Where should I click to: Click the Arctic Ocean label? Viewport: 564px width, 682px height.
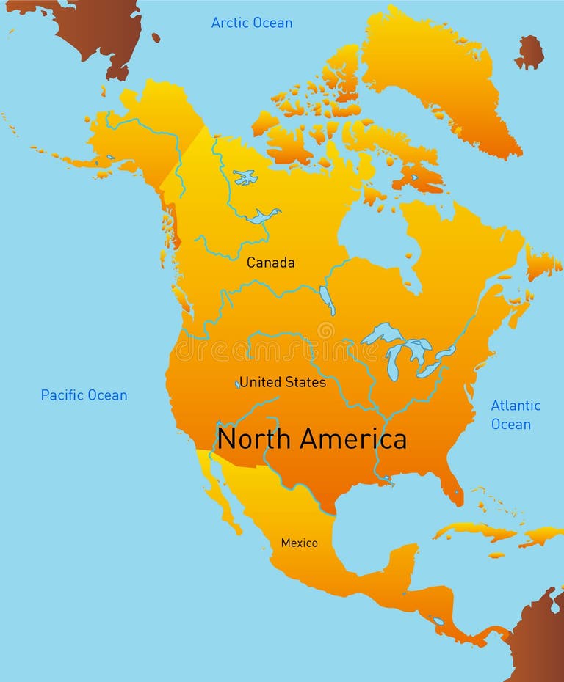tap(252, 23)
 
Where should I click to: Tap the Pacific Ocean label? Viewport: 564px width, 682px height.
tap(84, 395)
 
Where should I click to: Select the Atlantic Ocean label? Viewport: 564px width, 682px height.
tap(516, 414)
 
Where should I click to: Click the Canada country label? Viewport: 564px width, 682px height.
tap(270, 263)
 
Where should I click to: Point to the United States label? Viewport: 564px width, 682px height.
tap(283, 382)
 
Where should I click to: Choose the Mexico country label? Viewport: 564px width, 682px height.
tap(300, 543)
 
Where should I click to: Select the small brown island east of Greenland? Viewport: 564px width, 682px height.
tap(529, 52)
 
